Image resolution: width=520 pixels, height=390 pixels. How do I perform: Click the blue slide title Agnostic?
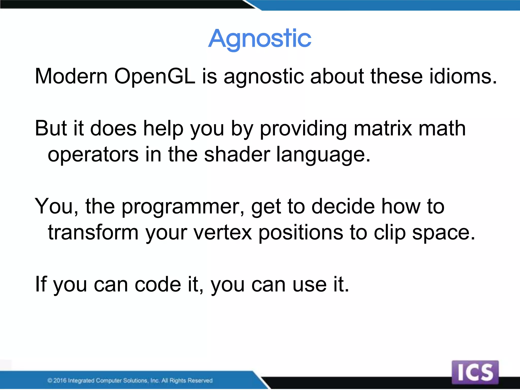259,39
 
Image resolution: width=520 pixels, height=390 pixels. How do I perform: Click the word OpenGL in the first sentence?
155,76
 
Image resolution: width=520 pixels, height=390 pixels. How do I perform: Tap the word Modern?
71,76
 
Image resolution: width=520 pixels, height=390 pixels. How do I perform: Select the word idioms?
463,76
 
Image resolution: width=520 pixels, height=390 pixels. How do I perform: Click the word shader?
237,154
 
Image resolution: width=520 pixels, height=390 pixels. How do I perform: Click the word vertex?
223,233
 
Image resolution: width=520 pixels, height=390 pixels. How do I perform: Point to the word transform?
93,233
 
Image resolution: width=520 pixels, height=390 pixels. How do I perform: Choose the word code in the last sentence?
158,284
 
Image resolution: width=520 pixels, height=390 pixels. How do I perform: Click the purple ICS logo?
475,372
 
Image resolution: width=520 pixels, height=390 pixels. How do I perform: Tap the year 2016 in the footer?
60,380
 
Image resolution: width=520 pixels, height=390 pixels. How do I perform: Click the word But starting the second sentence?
51,128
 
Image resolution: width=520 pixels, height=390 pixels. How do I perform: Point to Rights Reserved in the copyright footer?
191,380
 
